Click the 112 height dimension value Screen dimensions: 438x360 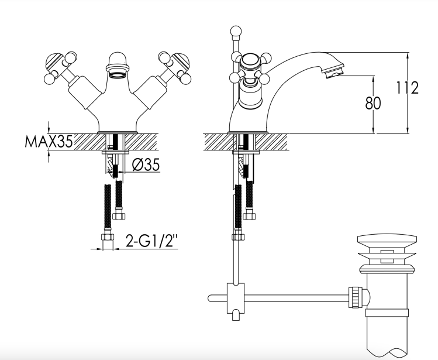coord(408,88)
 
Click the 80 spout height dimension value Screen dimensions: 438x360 coord(373,103)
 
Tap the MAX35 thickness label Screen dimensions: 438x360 coord(49,142)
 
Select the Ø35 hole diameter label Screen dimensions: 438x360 coord(146,164)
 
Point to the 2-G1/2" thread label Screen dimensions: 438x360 coord(151,241)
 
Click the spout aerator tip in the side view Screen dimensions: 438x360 coord(334,71)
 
